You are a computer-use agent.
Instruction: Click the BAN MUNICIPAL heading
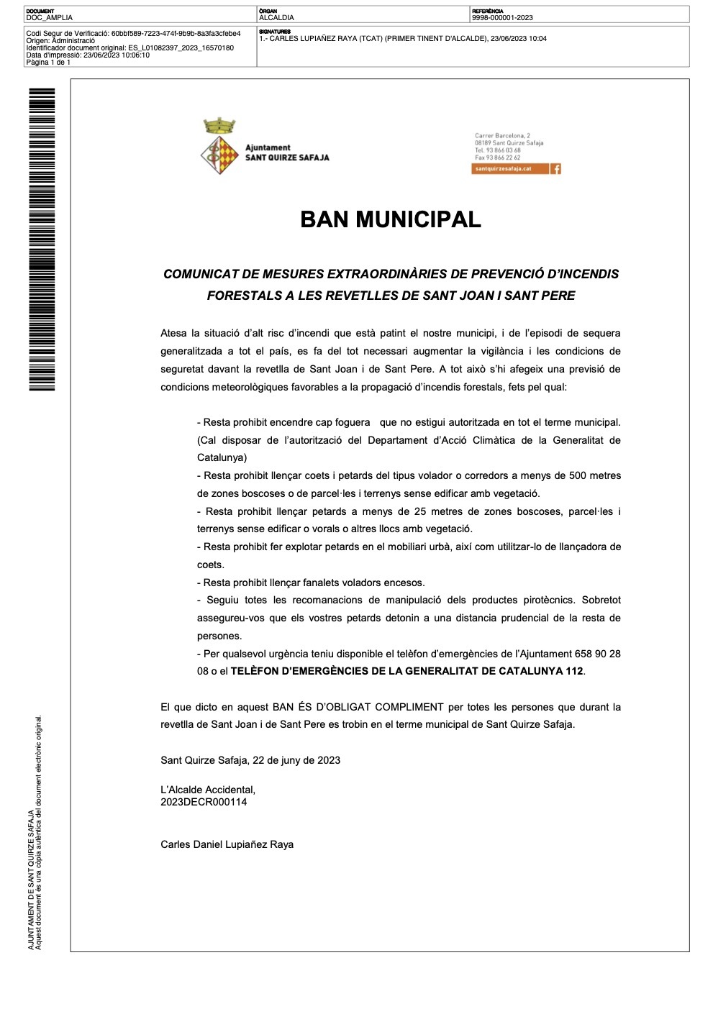click(390, 219)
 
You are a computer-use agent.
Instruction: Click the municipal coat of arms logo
click(219, 147)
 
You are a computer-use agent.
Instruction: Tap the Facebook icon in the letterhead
click(555, 169)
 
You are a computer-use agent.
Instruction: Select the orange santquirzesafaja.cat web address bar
click(510, 169)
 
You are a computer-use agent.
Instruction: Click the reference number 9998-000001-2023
click(502, 18)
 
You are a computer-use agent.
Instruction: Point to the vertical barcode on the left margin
click(42, 239)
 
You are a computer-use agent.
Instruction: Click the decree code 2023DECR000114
click(204, 802)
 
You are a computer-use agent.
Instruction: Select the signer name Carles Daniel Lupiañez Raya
click(227, 844)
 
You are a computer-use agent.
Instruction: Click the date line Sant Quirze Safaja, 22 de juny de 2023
click(250, 760)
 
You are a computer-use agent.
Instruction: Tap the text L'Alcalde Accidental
click(208, 790)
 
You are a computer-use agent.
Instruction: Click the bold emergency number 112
click(574, 671)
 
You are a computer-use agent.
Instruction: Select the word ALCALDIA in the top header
click(276, 18)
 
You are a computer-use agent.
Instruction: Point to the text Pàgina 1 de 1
click(48, 63)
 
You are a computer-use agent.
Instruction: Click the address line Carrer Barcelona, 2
click(502, 136)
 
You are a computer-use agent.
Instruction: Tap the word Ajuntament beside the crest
click(268, 147)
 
